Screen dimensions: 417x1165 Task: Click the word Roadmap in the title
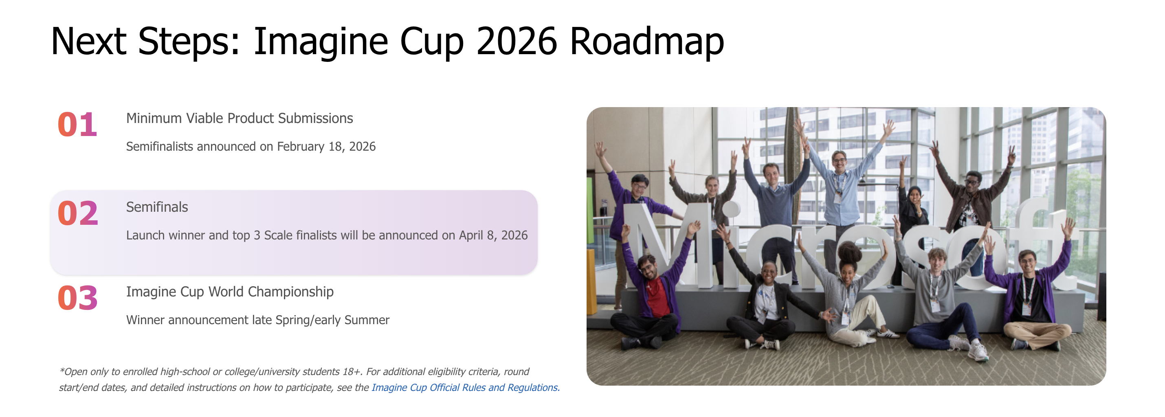647,42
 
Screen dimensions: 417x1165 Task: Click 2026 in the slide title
516,42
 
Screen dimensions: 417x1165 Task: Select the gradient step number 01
77,125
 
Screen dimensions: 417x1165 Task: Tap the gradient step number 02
78,213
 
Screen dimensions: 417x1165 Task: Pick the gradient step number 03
78,298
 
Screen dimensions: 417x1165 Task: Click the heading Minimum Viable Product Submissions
239,119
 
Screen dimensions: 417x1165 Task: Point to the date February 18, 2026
326,147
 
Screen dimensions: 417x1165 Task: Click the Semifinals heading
157,207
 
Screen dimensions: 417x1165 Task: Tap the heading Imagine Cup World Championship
230,292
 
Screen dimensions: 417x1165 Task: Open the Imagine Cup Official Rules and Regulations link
465,388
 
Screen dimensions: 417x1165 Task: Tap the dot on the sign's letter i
730,209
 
